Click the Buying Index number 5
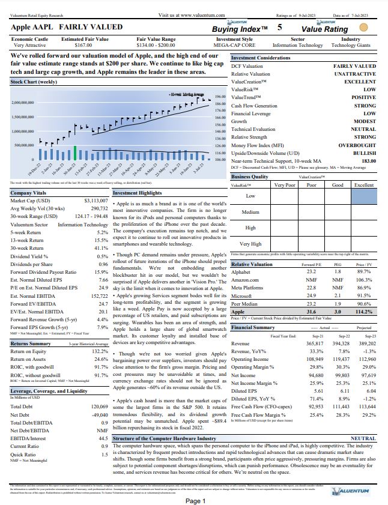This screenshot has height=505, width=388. click(x=279, y=28)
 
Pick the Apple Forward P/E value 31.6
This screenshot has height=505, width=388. click(x=311, y=312)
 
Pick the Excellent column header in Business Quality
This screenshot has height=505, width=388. click(x=363, y=186)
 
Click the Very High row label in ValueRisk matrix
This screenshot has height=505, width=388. click(x=250, y=244)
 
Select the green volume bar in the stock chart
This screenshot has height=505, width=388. click(x=75, y=154)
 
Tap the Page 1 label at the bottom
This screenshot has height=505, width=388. click(x=195, y=501)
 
